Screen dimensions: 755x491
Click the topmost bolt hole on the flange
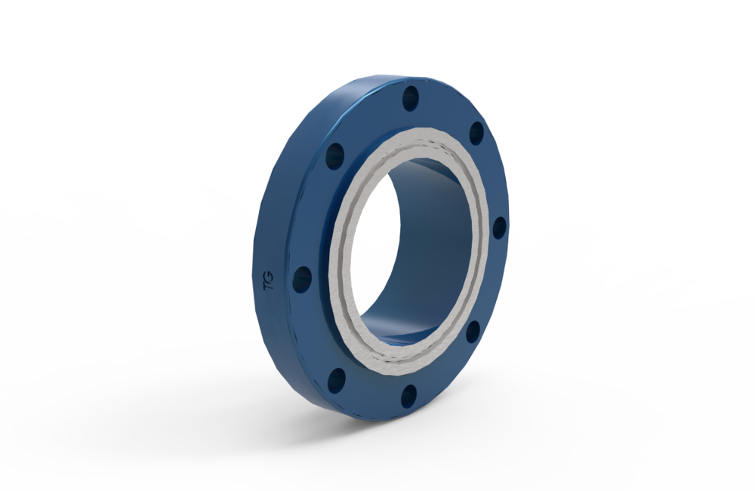[x=411, y=99]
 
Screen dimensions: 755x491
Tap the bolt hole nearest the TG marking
[x=302, y=280]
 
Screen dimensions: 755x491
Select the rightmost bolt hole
[x=499, y=228]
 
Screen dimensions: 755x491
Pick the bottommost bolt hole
[x=408, y=395]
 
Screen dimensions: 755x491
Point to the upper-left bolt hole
[x=335, y=156]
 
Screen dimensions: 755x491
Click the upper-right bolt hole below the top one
[x=476, y=133]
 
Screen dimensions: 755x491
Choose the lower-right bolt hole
[x=473, y=332]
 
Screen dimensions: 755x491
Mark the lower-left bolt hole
[x=337, y=380]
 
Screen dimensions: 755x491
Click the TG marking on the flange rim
[x=268, y=281]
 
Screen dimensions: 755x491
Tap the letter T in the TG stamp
[x=268, y=286]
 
